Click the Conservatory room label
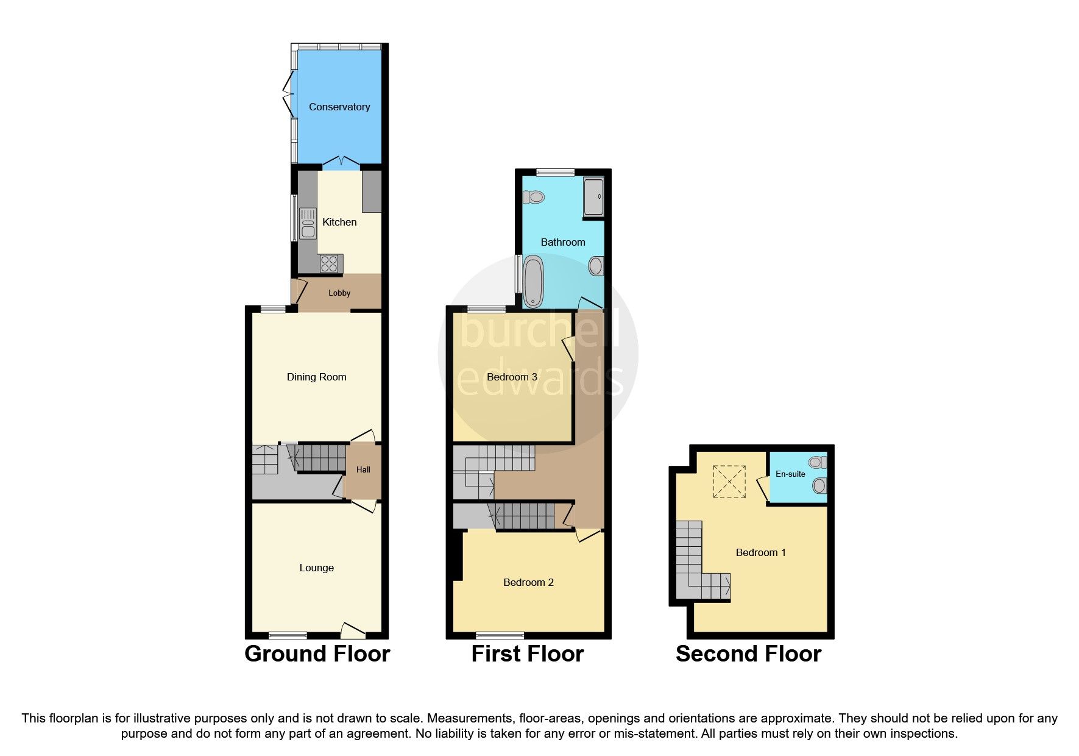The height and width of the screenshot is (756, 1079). pyautogui.click(x=339, y=107)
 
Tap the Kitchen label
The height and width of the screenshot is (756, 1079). pyautogui.click(x=339, y=222)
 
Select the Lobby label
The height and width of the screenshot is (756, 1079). pyautogui.click(x=339, y=293)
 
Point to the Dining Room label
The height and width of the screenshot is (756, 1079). pyautogui.click(x=316, y=377)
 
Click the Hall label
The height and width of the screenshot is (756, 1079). pyautogui.click(x=363, y=469)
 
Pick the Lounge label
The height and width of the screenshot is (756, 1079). pyautogui.click(x=316, y=568)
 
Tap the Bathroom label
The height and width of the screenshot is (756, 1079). pyautogui.click(x=563, y=242)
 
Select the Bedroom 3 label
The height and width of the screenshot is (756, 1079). pyautogui.click(x=512, y=377)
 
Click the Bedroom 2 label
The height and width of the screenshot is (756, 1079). pyautogui.click(x=528, y=582)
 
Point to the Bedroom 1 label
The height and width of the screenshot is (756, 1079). pyautogui.click(x=760, y=552)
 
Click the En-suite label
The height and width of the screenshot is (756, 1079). pyautogui.click(x=790, y=474)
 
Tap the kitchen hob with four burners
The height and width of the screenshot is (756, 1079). pyautogui.click(x=330, y=264)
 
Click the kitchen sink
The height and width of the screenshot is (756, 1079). pyautogui.click(x=307, y=224)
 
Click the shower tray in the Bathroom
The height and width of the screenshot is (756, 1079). pyautogui.click(x=593, y=196)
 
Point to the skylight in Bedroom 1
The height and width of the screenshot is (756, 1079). pyautogui.click(x=729, y=482)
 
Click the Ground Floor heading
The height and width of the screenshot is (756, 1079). pyautogui.click(x=317, y=654)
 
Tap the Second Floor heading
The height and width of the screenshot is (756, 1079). pyautogui.click(x=748, y=654)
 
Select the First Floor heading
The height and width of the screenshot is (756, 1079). pyautogui.click(x=528, y=654)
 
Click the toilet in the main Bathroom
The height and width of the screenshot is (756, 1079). pyautogui.click(x=534, y=197)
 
